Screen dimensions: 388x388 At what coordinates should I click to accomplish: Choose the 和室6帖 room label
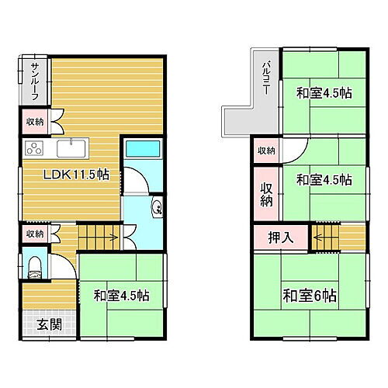pos(309,296)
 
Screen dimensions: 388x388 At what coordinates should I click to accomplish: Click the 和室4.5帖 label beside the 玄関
pos(122,296)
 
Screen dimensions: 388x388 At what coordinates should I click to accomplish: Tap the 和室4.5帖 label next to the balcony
pos(324,94)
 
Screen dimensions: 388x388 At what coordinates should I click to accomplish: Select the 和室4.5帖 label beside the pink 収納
pos(324,179)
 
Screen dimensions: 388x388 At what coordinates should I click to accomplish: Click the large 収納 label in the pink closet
pos(266,194)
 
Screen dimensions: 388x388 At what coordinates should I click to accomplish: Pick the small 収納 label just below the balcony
pos(266,151)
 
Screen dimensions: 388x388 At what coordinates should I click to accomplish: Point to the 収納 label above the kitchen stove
pos(35,121)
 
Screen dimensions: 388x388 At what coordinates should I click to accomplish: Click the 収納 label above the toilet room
pos(35,234)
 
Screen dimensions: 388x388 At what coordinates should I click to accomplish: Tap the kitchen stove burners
pos(36,149)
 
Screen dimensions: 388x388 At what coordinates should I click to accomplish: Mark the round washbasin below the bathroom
pos(156,206)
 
